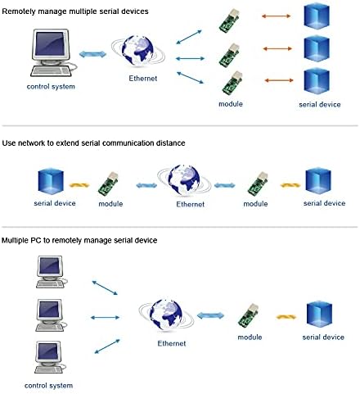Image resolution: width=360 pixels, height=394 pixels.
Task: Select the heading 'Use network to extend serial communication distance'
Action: pos(95,143)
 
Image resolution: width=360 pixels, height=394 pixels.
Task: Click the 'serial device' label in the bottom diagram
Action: pos(322,337)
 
